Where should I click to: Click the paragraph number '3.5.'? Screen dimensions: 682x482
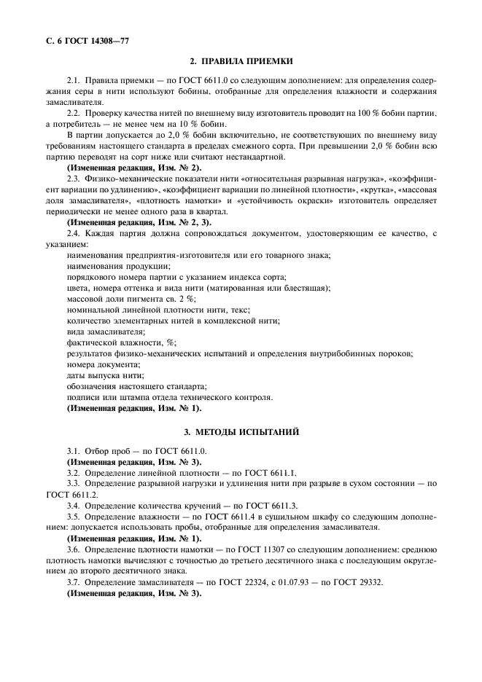73,516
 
